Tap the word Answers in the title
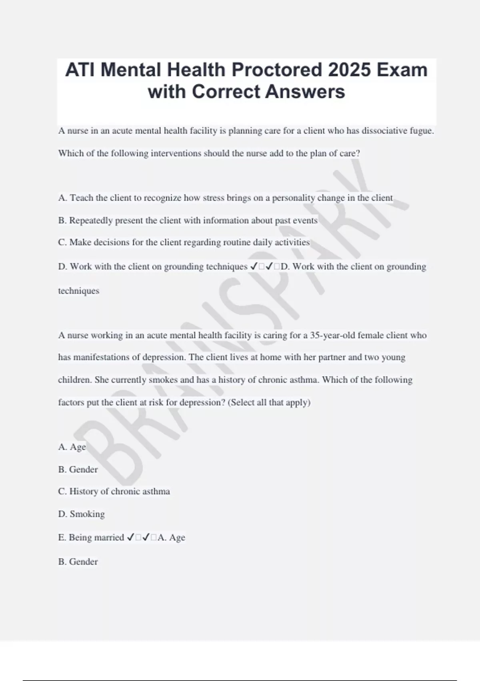click(305, 92)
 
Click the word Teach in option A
click(82, 198)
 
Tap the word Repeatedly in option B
click(91, 221)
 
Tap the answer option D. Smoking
click(82, 514)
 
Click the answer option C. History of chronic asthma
click(114, 492)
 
